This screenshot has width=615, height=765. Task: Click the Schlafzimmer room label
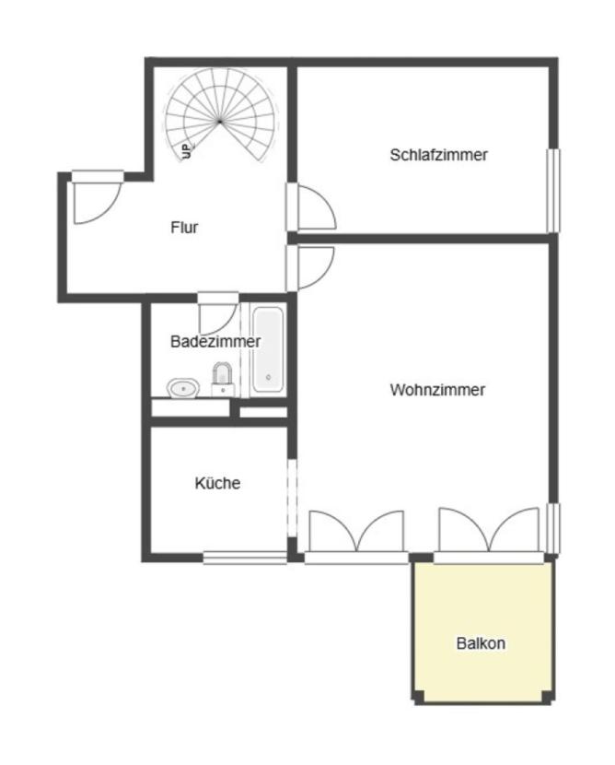click(x=438, y=155)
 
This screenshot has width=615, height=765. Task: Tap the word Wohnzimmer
click(x=437, y=390)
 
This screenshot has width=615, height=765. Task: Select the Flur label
click(x=184, y=227)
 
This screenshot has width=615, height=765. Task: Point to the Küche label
click(x=217, y=483)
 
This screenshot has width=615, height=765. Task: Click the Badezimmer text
click(x=215, y=341)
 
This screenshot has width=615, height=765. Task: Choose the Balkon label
click(x=481, y=643)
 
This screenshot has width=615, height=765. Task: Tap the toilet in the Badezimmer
click(x=222, y=377)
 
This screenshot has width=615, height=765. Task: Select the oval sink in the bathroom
click(x=183, y=388)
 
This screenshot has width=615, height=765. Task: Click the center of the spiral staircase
click(x=220, y=120)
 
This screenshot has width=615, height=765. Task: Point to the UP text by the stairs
click(x=186, y=150)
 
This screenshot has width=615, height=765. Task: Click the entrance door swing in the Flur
click(x=95, y=199)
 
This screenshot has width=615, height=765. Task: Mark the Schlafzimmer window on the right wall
click(x=552, y=190)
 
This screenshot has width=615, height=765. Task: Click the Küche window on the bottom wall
click(x=245, y=557)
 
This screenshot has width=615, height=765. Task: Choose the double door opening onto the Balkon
click(x=489, y=533)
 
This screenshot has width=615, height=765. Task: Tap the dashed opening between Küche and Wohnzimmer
click(x=292, y=498)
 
